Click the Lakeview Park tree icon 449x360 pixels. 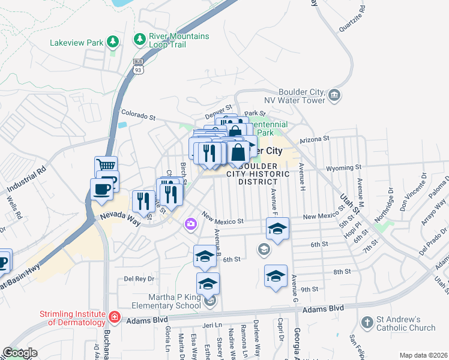pyautogui.click(x=112, y=41)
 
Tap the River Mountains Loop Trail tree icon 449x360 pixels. pyautogui.click(x=139, y=40)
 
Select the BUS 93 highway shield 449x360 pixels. pyautogui.click(x=138, y=66)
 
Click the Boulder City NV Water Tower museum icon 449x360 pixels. pyautogui.click(x=334, y=94)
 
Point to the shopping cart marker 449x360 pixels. pyautogui.click(x=106, y=165)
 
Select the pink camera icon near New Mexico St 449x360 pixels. pyautogui.click(x=191, y=224)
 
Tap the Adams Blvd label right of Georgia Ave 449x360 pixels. pyautogui.click(x=323, y=308)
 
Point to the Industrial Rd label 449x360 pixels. pyautogui.click(x=26, y=179)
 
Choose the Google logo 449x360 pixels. pyautogui.click(x=19, y=353)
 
